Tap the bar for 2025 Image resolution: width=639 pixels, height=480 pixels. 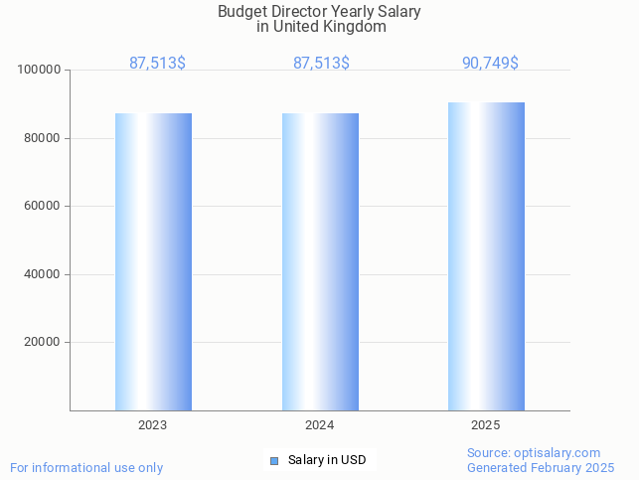pos(486,256)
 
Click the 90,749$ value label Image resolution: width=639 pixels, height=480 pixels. pos(490,63)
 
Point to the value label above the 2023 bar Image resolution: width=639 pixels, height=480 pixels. pos(157,63)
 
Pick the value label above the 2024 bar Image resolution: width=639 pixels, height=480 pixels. pos(321,63)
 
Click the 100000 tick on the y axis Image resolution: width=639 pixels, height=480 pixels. pos(41,70)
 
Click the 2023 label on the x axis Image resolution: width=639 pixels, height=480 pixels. pos(153,424)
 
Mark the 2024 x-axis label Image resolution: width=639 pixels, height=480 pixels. pos(320,424)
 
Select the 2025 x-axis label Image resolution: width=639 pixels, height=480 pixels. pos(486,424)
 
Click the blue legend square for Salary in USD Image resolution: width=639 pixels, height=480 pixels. pos(274,460)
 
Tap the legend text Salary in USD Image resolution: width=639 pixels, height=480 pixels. pos(327,460)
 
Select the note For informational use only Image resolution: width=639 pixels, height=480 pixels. pos(86,467)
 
